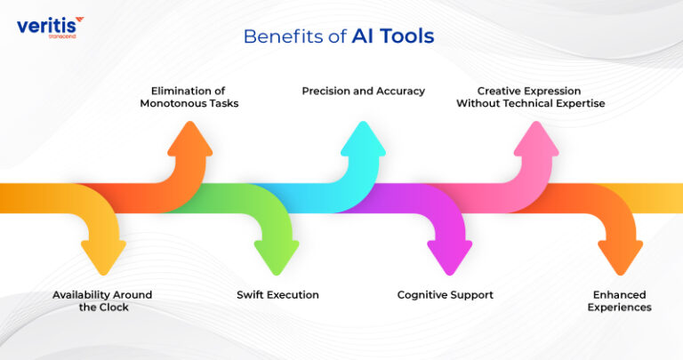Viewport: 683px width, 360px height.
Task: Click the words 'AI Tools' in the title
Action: tap(393, 36)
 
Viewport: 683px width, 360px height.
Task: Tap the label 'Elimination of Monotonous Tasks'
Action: tap(189, 97)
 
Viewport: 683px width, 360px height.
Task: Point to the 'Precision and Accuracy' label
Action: tap(363, 91)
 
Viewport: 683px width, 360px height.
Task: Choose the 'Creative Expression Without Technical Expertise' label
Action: tap(530, 97)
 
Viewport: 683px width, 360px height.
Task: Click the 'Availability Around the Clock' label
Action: tap(102, 300)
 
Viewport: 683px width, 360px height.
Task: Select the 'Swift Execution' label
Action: tap(277, 294)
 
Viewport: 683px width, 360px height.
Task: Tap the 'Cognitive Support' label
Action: tap(445, 294)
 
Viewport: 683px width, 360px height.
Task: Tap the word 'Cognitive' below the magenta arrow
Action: tap(423, 294)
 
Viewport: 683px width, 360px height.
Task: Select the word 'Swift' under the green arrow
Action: tap(252, 294)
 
